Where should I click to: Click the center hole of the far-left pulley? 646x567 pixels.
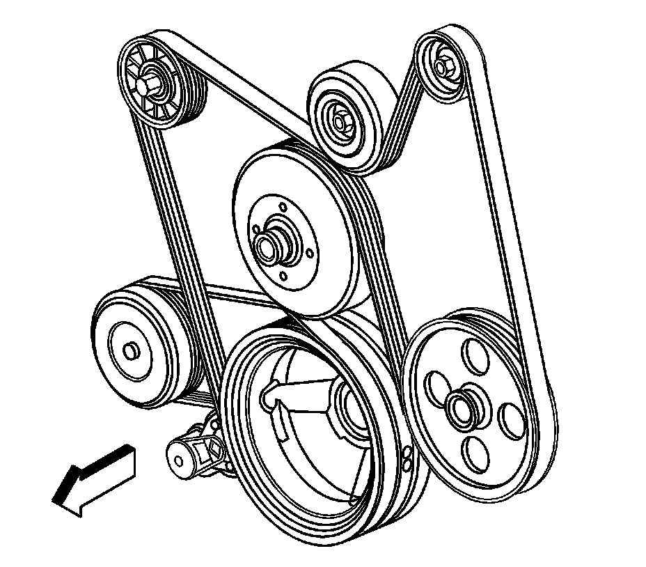(x=129, y=348)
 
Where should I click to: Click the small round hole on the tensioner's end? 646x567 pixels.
(x=179, y=460)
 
